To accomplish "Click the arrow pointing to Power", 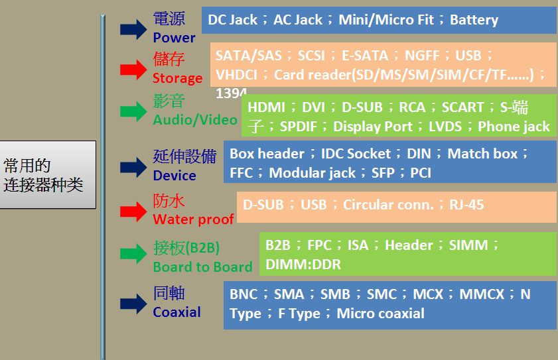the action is (x=133, y=29).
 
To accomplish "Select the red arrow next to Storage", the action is (x=133, y=70).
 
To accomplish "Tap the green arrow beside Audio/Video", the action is (x=133, y=111).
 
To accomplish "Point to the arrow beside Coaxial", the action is (x=133, y=304).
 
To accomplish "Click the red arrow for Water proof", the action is (x=133, y=211).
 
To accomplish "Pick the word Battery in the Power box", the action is (x=474, y=20).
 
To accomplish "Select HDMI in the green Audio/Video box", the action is (x=266, y=107).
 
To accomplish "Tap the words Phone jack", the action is (x=514, y=127).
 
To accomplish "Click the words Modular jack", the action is (x=312, y=173).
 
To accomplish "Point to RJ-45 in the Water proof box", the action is (x=466, y=205).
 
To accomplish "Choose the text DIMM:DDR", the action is (x=303, y=265).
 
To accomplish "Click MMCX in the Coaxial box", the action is (x=482, y=294).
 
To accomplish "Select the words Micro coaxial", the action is (x=380, y=314).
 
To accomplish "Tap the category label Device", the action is (x=174, y=176).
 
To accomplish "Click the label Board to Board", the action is (x=202, y=267).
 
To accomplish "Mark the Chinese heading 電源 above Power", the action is (x=169, y=19).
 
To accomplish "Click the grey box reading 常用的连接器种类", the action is (x=47, y=174).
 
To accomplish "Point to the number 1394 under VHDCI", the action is (x=231, y=93).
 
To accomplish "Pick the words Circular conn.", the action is (x=388, y=205).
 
